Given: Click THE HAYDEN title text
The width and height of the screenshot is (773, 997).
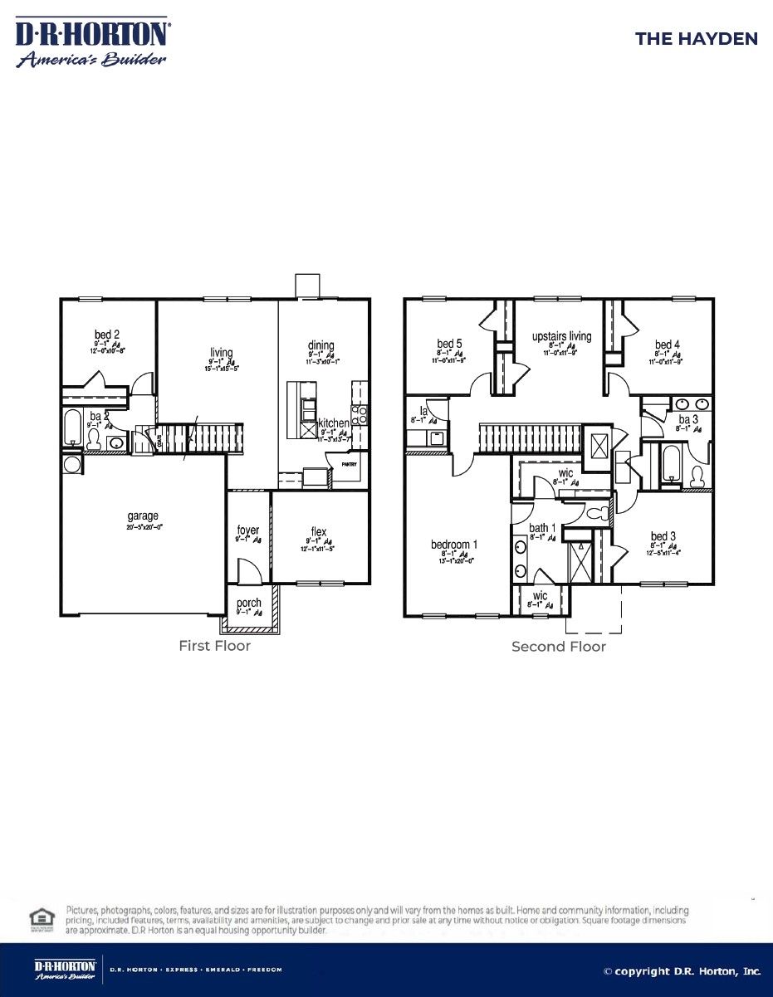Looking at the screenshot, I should (x=696, y=39).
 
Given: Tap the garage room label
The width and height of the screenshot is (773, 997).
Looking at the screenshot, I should (x=143, y=516).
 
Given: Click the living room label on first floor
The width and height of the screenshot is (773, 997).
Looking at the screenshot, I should (x=222, y=353).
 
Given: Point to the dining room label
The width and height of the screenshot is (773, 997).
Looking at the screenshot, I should (x=320, y=345).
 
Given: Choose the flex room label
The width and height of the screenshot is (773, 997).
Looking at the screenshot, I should (x=319, y=531).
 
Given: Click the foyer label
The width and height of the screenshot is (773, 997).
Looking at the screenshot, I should (x=248, y=530).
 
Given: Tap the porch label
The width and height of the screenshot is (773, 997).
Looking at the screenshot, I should (x=249, y=604).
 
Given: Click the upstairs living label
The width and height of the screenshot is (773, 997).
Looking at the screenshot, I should (x=561, y=336).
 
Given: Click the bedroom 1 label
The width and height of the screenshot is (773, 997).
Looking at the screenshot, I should (x=454, y=545).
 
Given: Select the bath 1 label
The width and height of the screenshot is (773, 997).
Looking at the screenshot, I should (x=543, y=528).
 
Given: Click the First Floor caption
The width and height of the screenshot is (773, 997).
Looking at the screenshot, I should (x=214, y=645).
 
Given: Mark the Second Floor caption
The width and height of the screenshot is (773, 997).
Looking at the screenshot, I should (x=559, y=646).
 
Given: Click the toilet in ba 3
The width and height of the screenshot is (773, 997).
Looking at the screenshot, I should (x=698, y=476).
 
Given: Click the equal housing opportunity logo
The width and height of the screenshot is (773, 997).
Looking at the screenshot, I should (x=39, y=919).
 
